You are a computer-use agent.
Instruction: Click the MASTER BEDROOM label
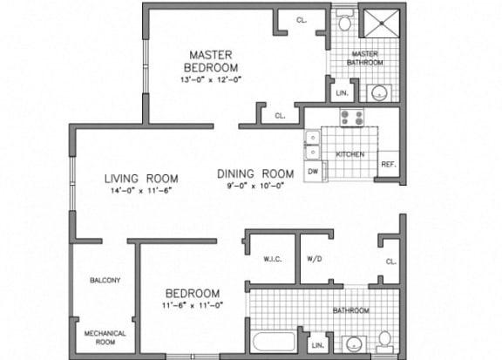212,61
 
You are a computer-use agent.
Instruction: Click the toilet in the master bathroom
344,18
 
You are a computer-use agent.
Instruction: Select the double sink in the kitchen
312,144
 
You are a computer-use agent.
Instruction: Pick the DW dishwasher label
312,172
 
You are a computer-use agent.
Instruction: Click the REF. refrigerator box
389,164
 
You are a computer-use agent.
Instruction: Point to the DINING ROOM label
255,173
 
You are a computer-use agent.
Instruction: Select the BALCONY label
105,281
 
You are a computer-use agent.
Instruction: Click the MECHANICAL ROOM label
105,338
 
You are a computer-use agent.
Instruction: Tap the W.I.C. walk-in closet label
269,259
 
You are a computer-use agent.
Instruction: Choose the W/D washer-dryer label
315,259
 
